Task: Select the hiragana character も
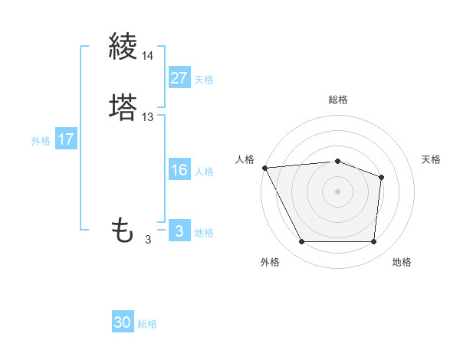[123, 230]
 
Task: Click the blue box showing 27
[179, 78]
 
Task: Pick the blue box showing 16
[179, 170]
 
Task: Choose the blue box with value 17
[66, 140]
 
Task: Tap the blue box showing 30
[123, 322]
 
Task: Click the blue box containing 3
[179, 231]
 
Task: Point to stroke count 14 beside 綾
[148, 56]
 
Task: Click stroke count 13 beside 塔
[148, 117]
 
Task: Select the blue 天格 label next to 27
[204, 80]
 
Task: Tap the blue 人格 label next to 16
[204, 172]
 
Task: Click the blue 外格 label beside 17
[41, 141]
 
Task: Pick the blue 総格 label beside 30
[147, 324]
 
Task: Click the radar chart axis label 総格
[337, 100]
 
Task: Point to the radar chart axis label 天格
[432, 159]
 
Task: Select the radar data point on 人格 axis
[264, 167]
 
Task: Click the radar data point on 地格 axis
[373, 242]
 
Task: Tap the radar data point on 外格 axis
[302, 242]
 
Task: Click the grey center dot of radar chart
[337, 191]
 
